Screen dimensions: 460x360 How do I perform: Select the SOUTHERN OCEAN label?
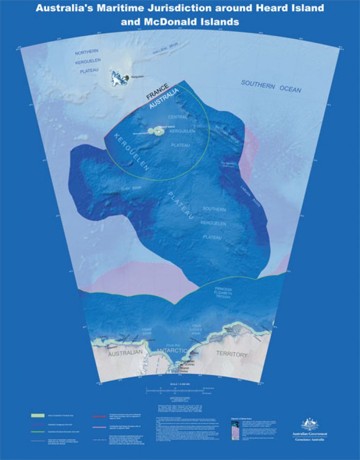pyautogui.click(x=271, y=86)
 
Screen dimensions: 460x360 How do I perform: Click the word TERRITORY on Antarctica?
pyautogui.click(x=232, y=354)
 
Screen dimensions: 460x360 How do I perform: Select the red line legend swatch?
pyautogui.click(x=99, y=415)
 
